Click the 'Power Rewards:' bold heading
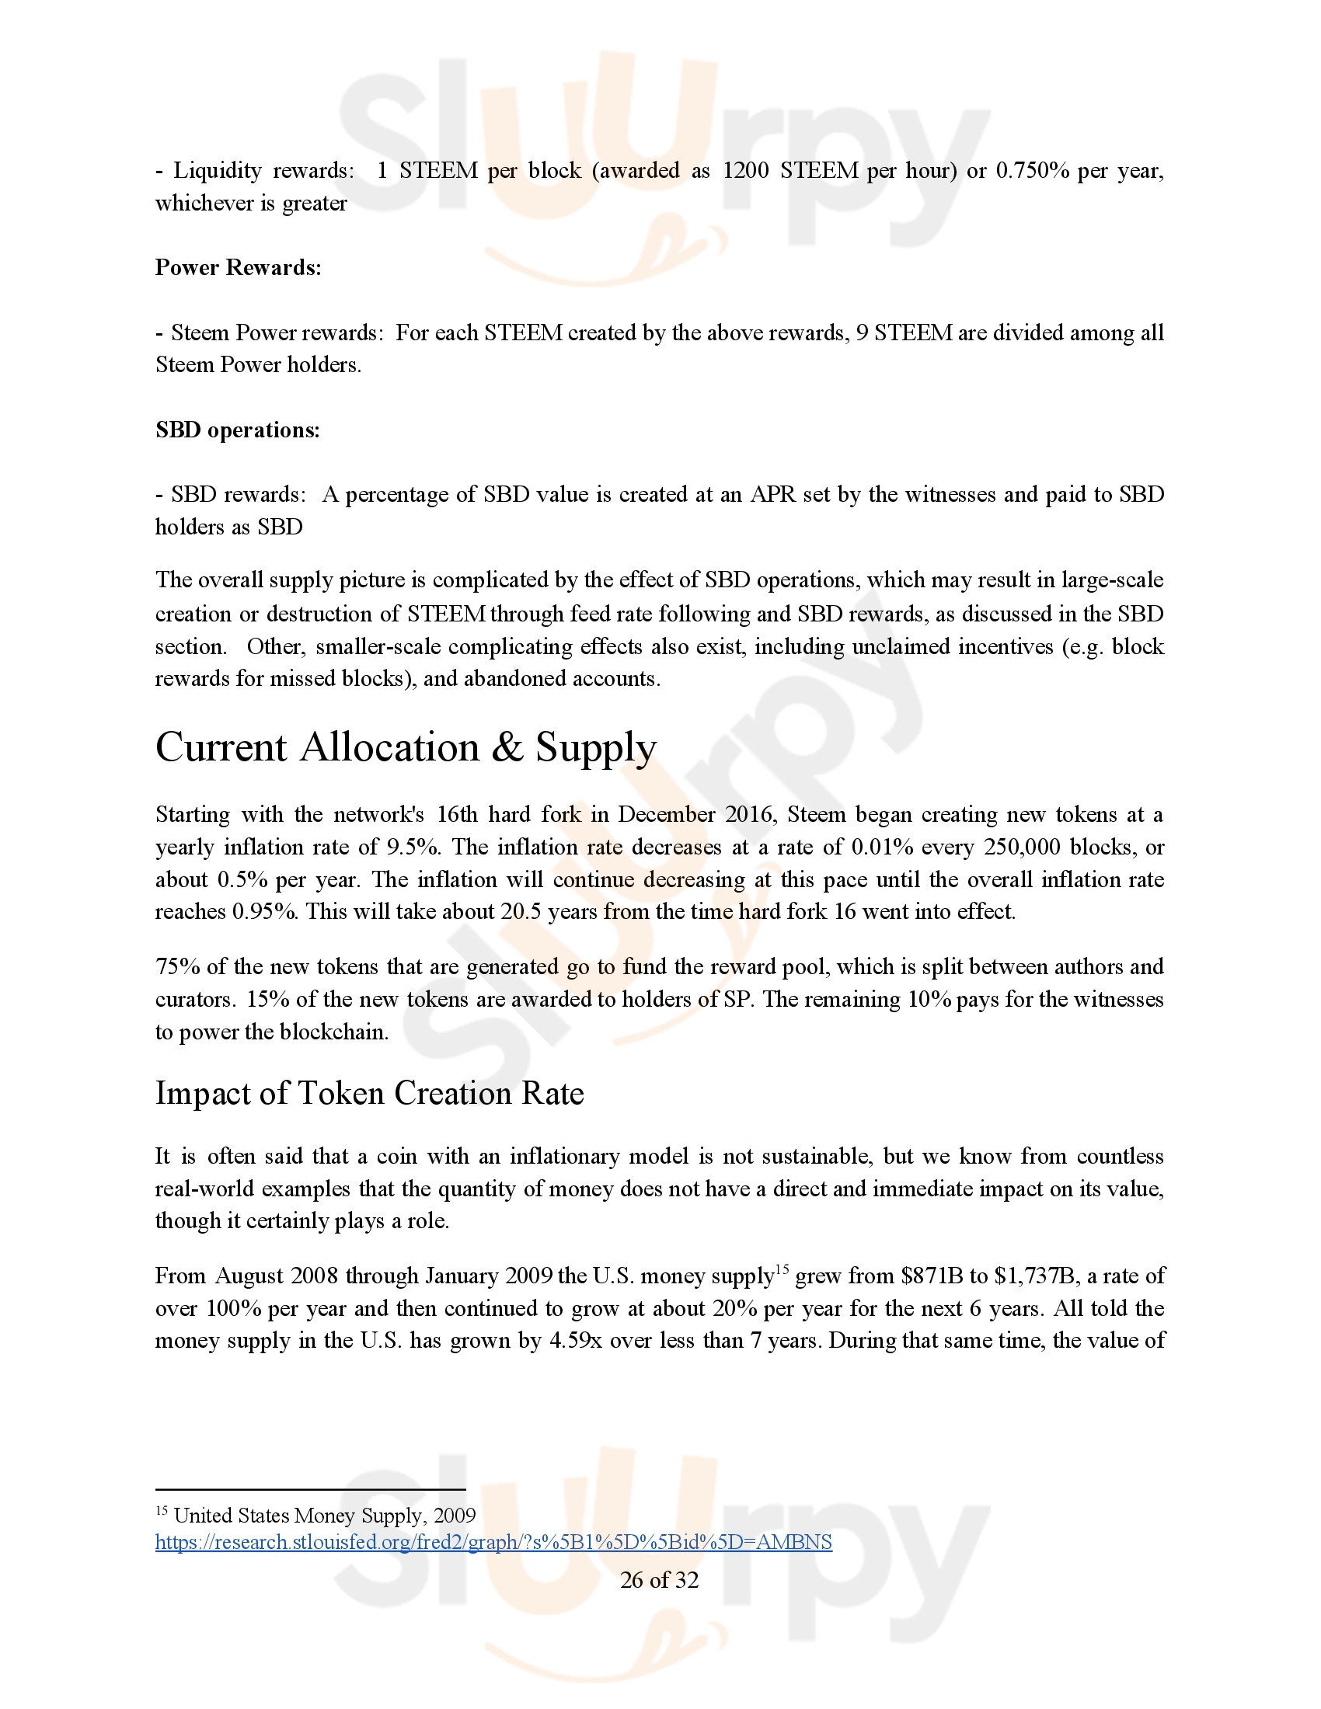pos(238,268)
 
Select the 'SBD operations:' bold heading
pos(237,430)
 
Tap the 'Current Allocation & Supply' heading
pos(406,747)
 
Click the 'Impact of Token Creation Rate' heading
pos(369,1093)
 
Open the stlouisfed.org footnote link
pos(493,1541)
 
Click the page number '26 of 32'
pos(659,1580)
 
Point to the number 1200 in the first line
pos(745,171)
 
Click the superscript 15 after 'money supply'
pos(782,1269)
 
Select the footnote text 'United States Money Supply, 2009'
pos(324,1516)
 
